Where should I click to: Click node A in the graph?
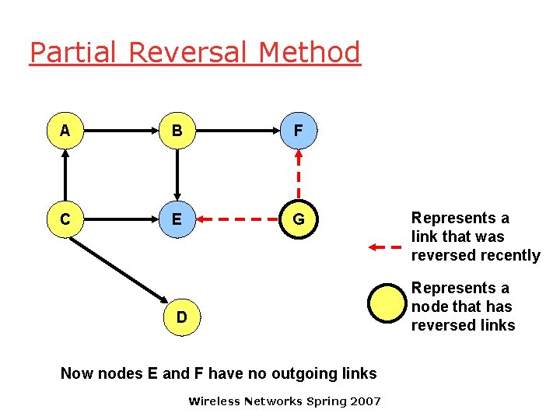[65, 131]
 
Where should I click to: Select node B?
[177, 131]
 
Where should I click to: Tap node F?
[298, 131]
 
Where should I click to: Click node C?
[65, 220]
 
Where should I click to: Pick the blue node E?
[177, 220]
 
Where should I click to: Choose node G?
[298, 220]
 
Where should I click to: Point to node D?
[181, 317]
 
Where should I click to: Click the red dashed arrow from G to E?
[237, 220]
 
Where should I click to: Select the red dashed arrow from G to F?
[298, 176]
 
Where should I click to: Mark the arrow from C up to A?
[65, 176]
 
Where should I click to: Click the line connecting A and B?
[121, 131]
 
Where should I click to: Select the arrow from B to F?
[237, 131]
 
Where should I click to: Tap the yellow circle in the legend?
[387, 304]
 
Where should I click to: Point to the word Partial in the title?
[74, 53]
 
